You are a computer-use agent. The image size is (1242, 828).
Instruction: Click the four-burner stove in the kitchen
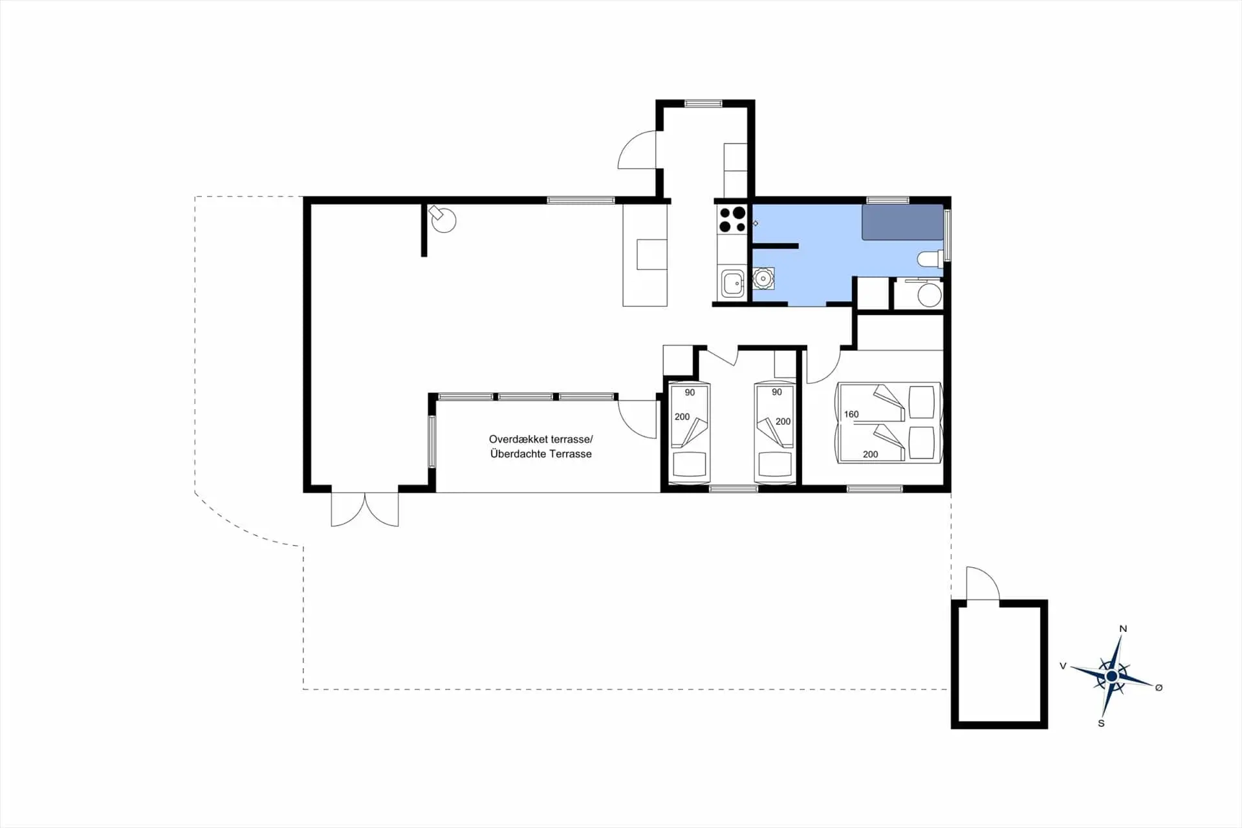(732, 219)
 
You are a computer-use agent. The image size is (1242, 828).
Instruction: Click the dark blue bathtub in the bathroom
(902, 222)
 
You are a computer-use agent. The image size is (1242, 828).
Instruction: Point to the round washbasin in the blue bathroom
(763, 279)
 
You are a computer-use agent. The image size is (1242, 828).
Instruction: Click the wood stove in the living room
(443, 219)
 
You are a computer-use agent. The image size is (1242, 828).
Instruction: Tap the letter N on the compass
(1123, 629)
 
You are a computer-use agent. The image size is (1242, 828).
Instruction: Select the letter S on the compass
(1101, 723)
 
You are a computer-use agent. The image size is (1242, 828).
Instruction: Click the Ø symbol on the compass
(1159, 688)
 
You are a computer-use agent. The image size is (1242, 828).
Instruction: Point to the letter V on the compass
(1063, 666)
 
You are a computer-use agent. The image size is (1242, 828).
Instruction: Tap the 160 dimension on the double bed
(851, 414)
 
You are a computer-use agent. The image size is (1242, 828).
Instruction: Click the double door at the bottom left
(365, 509)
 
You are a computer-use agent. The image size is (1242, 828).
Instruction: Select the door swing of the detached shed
(983, 583)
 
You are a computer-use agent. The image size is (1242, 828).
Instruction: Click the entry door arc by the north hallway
(637, 150)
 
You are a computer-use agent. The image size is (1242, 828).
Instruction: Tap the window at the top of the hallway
(703, 104)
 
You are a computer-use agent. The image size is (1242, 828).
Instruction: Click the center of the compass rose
(1112, 676)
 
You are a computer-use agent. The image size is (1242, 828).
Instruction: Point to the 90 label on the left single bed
(690, 392)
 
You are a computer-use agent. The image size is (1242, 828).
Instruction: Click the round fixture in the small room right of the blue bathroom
(930, 295)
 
